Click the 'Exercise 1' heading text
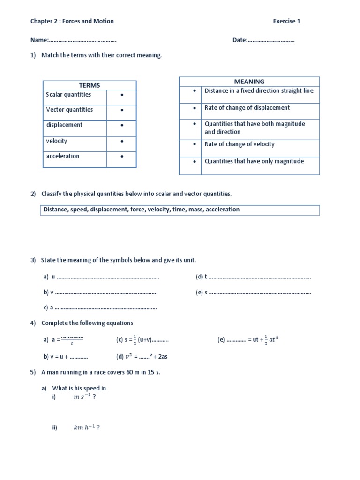coord(286,21)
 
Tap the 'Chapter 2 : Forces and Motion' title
coord(72,21)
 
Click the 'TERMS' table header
coord(90,85)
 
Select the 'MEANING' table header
coord(249,82)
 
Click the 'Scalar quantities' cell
coord(68,95)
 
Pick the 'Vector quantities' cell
coord(69,110)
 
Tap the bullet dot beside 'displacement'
coord(121,126)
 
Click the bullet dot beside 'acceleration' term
coord(121,157)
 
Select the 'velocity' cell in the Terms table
coord(57,141)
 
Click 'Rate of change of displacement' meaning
coord(247,108)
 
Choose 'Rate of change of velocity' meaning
coord(240,144)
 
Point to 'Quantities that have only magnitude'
coord(254,161)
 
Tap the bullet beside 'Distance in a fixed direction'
coord(194,91)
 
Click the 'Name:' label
coord(39,40)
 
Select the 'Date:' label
coord(240,40)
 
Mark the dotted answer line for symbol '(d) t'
coord(260,277)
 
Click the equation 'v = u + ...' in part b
coord(66,356)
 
